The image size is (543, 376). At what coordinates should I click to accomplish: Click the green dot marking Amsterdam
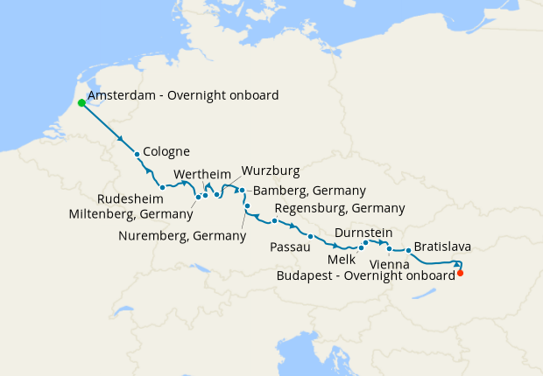point(81,102)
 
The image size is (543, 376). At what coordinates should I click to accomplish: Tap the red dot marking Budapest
point(461,273)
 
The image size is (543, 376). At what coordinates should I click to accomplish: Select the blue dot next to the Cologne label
point(138,155)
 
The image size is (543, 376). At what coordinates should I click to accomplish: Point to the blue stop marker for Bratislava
point(408,251)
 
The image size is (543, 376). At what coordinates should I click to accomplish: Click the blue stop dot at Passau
point(310,236)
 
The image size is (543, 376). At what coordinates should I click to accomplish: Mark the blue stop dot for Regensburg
point(274,220)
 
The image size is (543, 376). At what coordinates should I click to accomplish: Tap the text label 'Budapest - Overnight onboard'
point(365,275)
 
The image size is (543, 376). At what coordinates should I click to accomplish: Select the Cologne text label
point(166,151)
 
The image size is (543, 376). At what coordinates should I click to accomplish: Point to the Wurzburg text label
point(271,170)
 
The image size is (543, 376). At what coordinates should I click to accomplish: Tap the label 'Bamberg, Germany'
point(309,190)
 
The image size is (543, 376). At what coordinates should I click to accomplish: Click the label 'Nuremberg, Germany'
point(181,235)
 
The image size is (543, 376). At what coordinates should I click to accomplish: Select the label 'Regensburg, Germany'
point(339,208)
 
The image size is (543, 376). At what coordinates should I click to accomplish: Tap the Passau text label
point(291,248)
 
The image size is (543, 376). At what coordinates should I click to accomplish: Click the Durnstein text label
point(363,233)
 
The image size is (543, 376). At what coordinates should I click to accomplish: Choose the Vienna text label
point(387,263)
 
